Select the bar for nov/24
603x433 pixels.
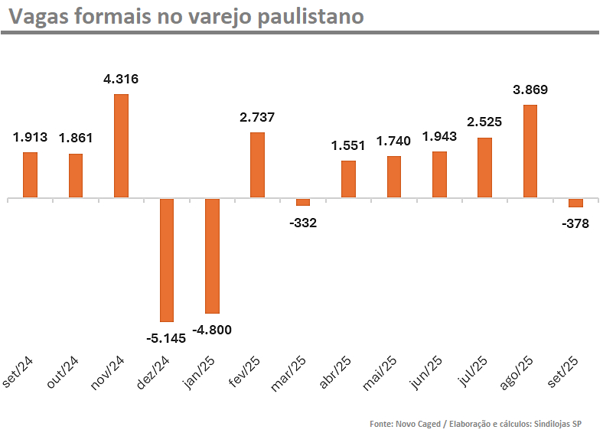[x=121, y=145]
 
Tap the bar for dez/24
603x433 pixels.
[x=167, y=260]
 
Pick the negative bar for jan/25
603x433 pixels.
[x=212, y=256]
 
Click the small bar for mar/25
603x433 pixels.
[x=303, y=202]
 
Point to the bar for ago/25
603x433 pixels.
[x=530, y=151]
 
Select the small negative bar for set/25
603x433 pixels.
[x=575, y=203]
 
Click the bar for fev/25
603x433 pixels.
[x=257, y=164]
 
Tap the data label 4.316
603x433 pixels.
[x=121, y=79]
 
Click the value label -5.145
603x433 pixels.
[x=165, y=337]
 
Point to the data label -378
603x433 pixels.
[x=575, y=224]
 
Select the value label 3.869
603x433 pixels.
[x=530, y=90]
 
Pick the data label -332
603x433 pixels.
[x=303, y=223]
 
